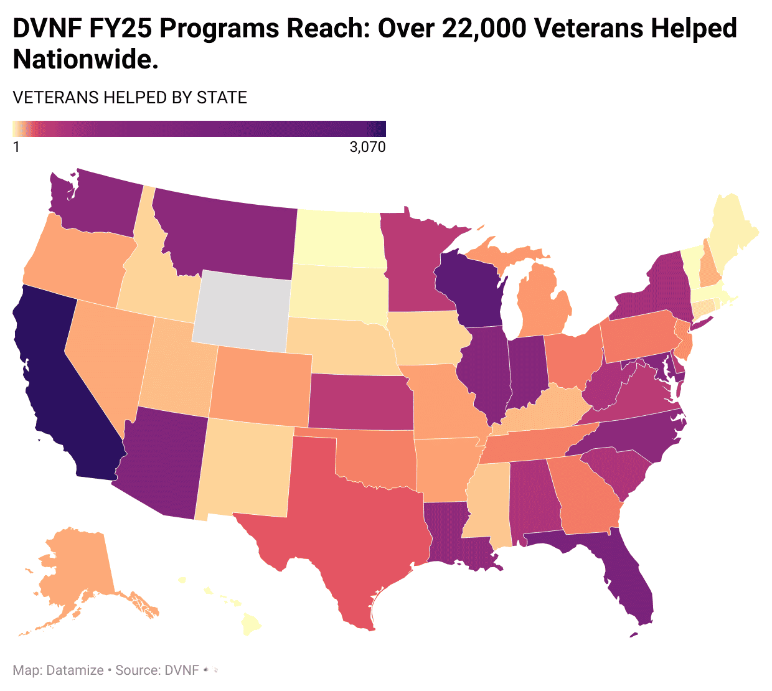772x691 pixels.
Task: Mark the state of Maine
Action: click(735, 230)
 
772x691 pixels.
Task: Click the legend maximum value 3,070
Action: click(367, 148)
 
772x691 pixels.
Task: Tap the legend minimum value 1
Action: click(16, 148)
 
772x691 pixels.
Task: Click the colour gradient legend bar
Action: click(199, 128)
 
